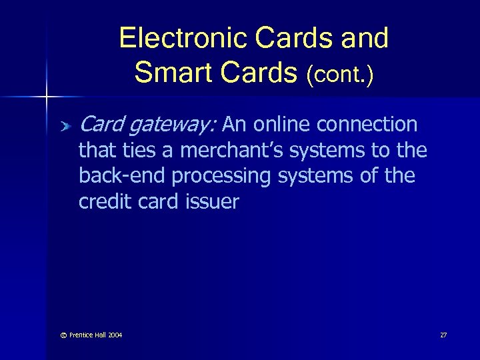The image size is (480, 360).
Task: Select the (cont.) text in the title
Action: coord(340,74)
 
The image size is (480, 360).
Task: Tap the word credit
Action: coord(103,201)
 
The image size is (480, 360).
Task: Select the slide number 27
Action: coord(443,335)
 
